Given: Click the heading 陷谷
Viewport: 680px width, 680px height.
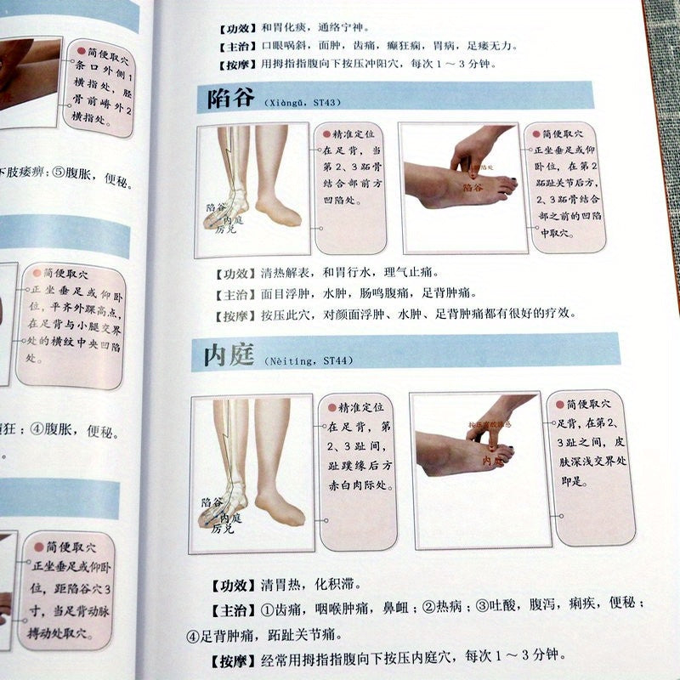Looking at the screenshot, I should click(x=225, y=98).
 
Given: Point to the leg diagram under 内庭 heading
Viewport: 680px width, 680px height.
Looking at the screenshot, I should click(x=253, y=463).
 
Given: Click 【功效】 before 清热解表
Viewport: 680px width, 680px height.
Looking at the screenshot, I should click(x=230, y=274).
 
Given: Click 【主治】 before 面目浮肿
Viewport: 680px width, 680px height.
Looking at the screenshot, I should click(x=230, y=293).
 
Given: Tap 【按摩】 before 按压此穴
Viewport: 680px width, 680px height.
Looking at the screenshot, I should click(x=230, y=313).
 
